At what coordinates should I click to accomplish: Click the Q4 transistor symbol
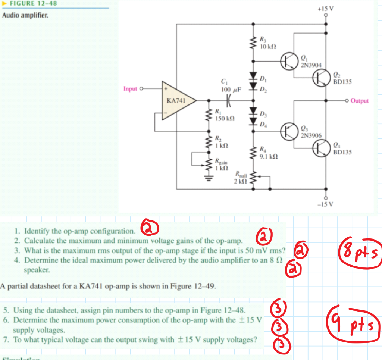[x=320, y=148]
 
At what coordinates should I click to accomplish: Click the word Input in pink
[x=130, y=89]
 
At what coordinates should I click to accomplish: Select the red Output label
[x=360, y=101]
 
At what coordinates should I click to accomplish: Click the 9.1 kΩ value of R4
[x=268, y=156]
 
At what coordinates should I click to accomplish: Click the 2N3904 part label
[x=310, y=65]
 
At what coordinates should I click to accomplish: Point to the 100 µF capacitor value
[x=231, y=90]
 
